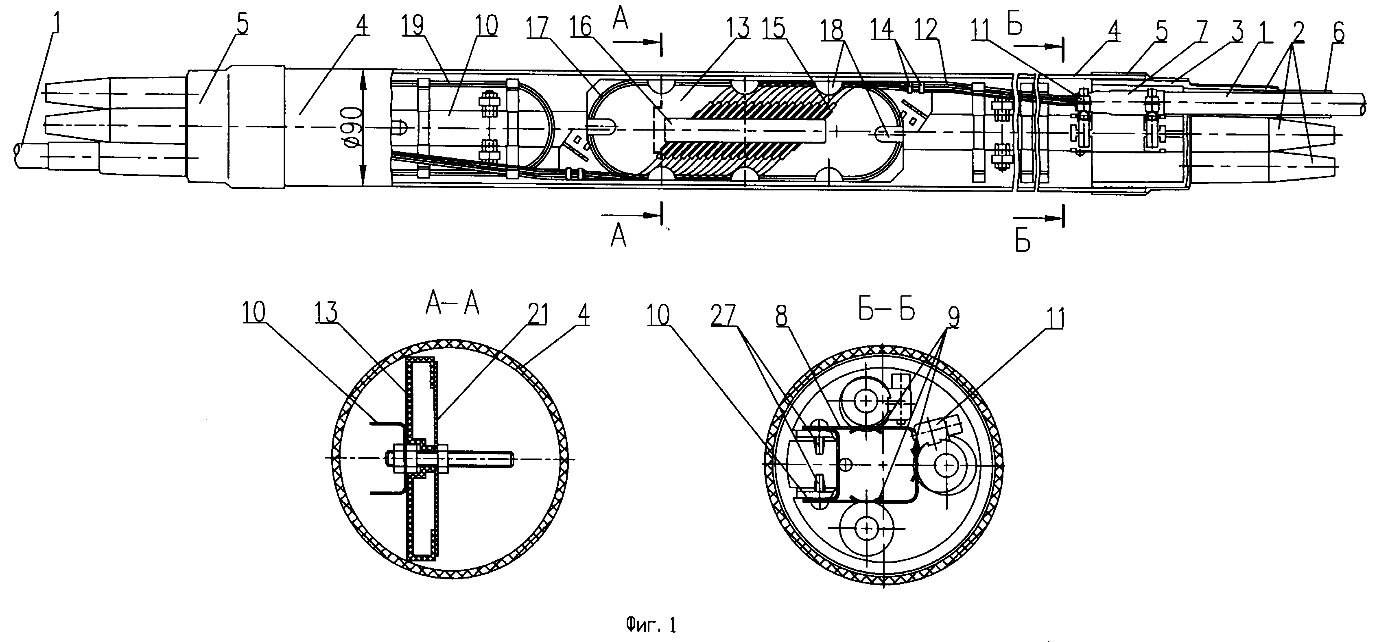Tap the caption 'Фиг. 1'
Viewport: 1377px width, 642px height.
651,625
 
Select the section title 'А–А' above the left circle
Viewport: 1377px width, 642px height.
452,305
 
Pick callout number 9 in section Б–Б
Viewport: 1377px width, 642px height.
953,318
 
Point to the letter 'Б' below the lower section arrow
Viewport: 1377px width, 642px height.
1023,242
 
